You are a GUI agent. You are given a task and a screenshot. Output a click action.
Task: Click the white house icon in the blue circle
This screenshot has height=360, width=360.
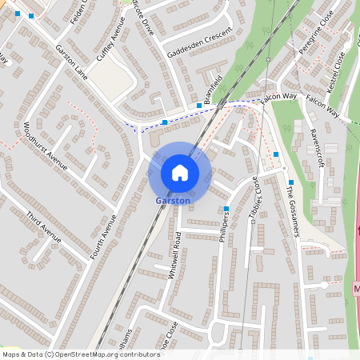pos(180,172)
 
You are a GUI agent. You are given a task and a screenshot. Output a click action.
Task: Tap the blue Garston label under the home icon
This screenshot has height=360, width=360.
pos(173,200)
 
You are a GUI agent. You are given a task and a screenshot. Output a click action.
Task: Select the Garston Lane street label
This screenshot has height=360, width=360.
pos(71,61)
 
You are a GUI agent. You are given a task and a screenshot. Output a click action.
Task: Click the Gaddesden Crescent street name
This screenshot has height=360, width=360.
pos(200,42)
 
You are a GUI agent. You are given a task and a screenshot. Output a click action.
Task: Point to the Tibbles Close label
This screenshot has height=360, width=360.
pos(255,198)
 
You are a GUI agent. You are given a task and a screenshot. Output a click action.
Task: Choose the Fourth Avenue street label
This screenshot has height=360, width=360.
pos(104,236)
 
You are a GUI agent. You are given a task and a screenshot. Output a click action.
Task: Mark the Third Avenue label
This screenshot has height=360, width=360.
pos(43,228)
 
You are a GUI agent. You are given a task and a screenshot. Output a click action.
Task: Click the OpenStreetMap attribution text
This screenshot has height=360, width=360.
pos(81,354)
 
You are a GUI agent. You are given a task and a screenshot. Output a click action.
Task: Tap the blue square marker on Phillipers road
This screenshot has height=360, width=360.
pos(227,210)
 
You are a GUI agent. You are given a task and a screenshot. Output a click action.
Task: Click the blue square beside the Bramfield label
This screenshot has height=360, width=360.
pos(198,106)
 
